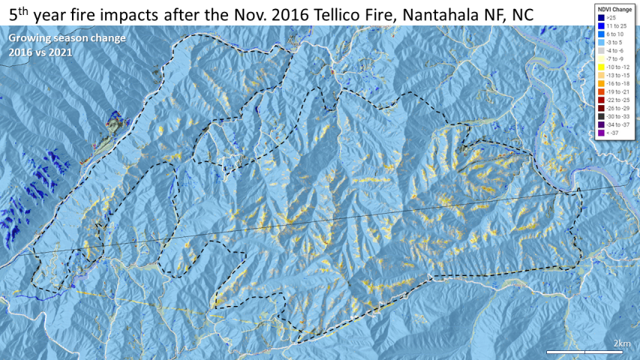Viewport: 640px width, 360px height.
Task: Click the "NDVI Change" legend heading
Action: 610,8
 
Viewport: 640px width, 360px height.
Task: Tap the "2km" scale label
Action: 621,343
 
